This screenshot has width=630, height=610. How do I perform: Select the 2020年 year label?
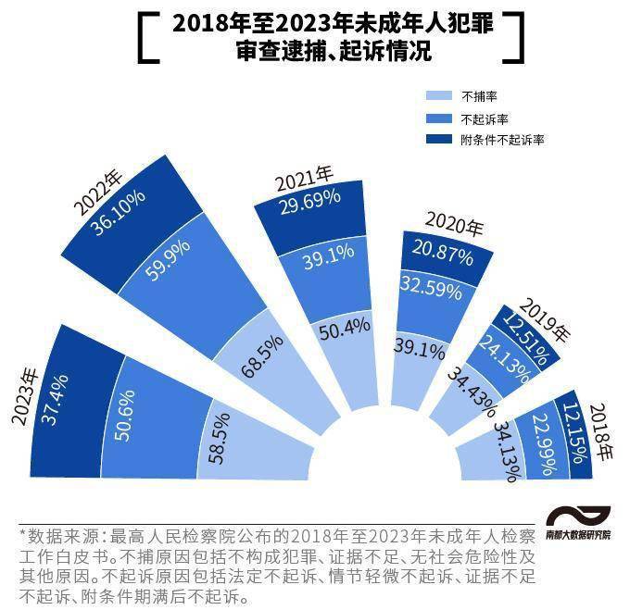454,223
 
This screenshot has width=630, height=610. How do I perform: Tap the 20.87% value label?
441,250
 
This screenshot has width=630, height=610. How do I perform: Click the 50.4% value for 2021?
344,330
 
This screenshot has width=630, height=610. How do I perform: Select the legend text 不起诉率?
485,118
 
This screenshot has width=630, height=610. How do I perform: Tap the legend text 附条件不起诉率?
501,140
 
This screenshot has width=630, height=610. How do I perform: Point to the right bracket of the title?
517,38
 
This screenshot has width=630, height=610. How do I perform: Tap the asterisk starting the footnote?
23,536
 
